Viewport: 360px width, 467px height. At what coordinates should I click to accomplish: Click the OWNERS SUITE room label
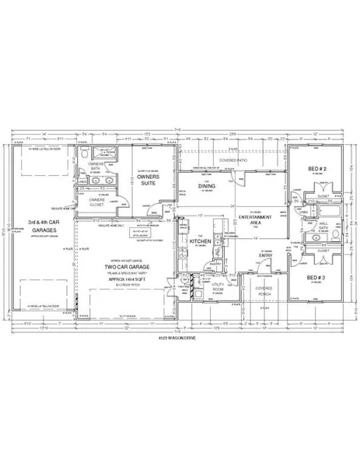coord(148,181)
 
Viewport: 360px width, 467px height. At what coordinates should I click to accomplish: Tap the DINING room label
coord(205,186)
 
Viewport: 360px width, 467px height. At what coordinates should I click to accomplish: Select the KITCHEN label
coord(201,242)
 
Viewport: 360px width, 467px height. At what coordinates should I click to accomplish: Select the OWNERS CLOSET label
coord(96,202)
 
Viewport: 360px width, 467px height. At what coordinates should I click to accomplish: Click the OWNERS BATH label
coord(96,167)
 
